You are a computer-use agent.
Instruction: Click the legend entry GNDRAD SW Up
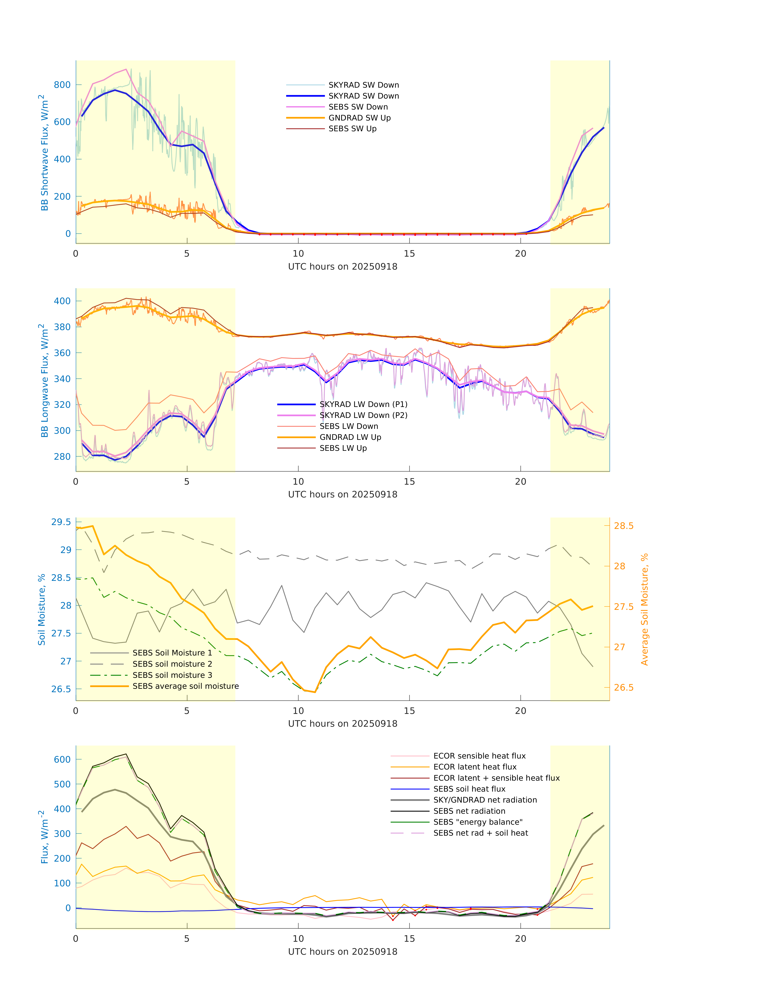click(359, 118)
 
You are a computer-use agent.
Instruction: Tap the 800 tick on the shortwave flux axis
click(62, 85)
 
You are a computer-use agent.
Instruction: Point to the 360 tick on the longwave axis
click(62, 353)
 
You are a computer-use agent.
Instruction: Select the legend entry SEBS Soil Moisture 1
click(172, 653)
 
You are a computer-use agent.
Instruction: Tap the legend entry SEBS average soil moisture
click(185, 686)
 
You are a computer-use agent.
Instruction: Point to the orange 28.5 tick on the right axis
click(623, 526)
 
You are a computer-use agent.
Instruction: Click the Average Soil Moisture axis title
click(644, 609)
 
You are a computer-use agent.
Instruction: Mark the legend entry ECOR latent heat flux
click(475, 767)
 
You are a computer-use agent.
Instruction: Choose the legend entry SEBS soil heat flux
click(469, 789)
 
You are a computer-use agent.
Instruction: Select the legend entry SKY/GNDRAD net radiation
click(485, 800)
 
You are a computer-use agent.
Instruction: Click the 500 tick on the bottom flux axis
click(62, 784)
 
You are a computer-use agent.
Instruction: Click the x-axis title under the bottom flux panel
click(343, 952)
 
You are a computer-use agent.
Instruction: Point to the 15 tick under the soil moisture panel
click(409, 711)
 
